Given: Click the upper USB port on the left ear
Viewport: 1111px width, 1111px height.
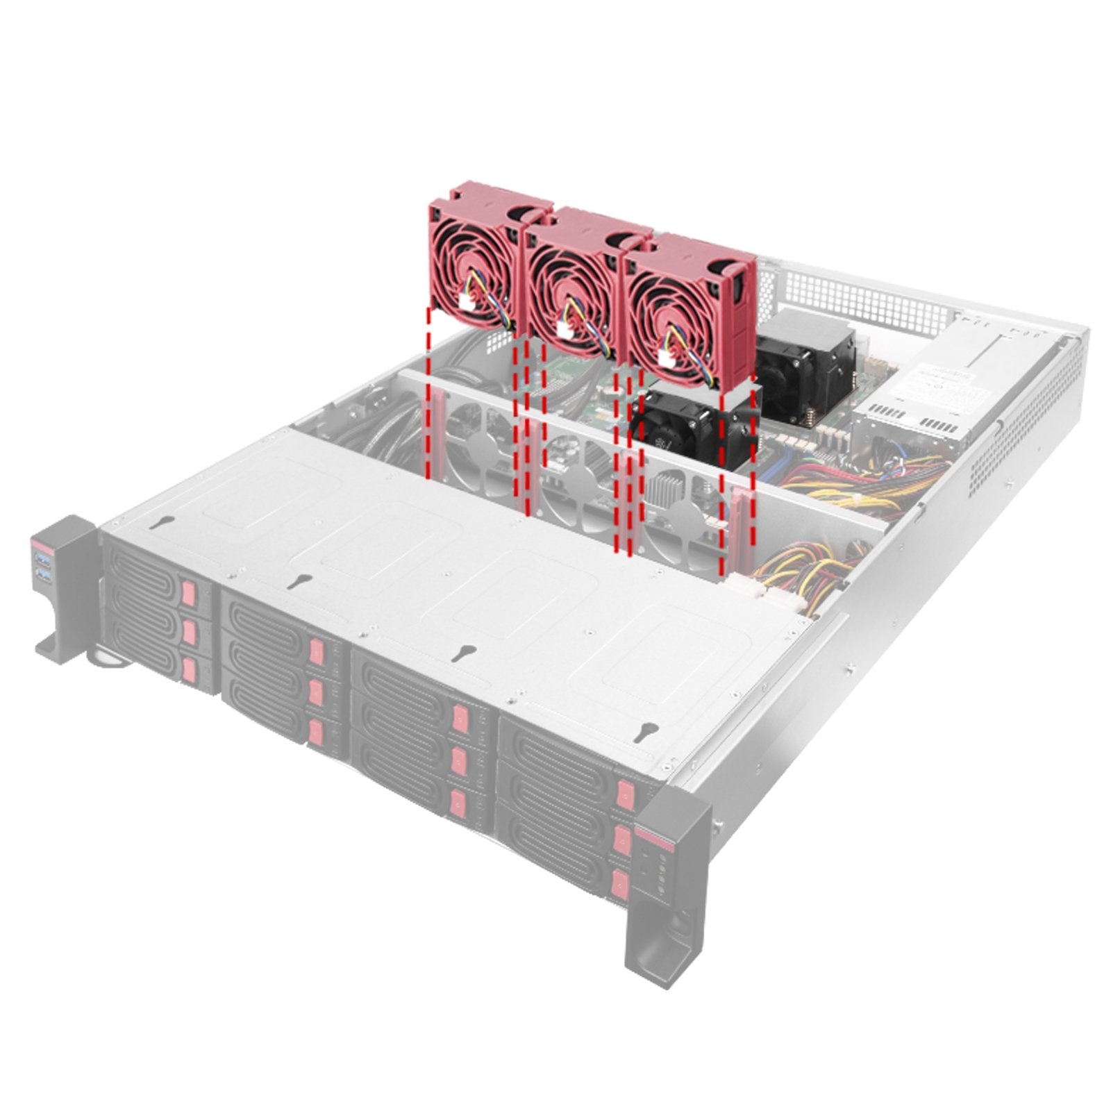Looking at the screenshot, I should point(43,561).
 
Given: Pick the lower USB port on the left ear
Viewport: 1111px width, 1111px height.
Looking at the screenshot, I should point(43,576).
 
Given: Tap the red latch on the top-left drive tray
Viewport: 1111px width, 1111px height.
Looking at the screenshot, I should point(188,594).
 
